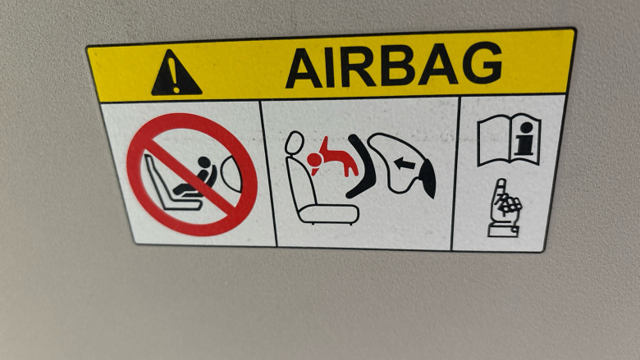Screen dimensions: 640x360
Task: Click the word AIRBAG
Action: coord(394,66)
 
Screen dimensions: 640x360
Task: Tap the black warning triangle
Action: coord(176,73)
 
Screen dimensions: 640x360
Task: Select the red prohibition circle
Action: coord(192,175)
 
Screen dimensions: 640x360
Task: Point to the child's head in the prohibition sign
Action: coord(204,162)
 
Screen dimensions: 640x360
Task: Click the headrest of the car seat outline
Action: coord(295,144)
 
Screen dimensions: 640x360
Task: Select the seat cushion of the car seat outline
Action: coord(328,214)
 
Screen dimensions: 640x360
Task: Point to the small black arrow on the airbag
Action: coord(405,164)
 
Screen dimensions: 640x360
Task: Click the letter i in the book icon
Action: coord(526,139)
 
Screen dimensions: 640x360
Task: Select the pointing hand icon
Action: coord(505,208)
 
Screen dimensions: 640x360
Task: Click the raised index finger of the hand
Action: coord(496,193)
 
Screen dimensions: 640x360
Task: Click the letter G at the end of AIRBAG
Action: coord(482,62)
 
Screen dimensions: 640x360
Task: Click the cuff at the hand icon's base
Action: coord(504,231)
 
